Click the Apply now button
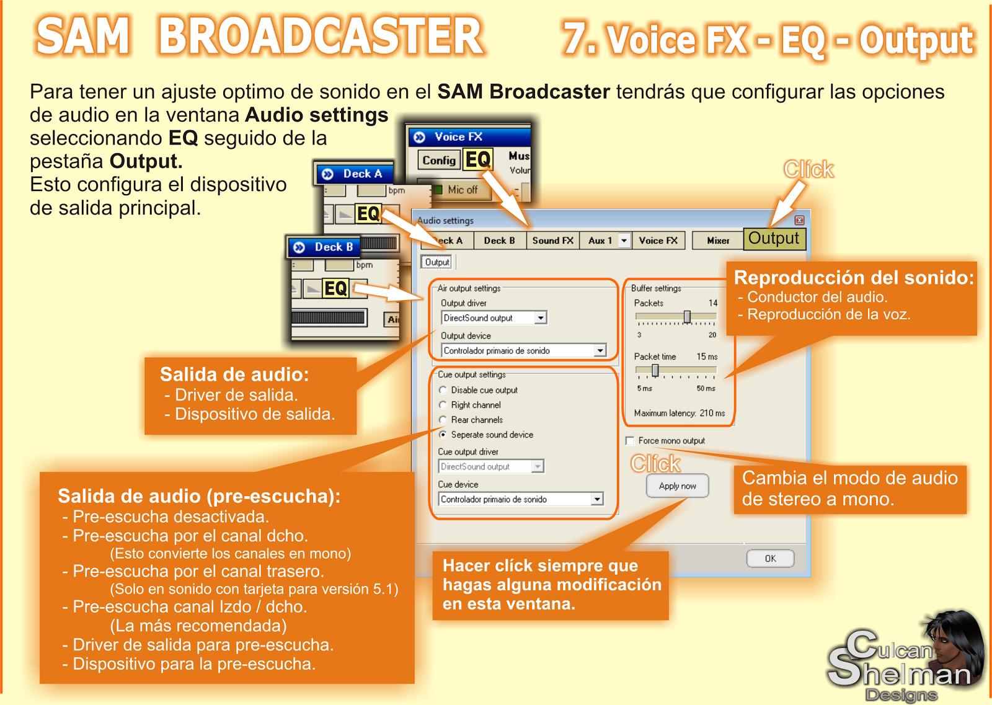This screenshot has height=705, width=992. click(x=677, y=486)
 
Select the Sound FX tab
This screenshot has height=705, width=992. click(x=552, y=241)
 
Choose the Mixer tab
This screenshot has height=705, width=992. click(x=718, y=241)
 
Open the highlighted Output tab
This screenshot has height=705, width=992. click(x=774, y=239)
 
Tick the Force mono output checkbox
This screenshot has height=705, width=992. click(x=630, y=441)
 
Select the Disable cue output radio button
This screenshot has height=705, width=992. click(x=443, y=390)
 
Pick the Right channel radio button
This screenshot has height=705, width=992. click(x=443, y=405)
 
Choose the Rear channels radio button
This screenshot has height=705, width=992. click(x=443, y=420)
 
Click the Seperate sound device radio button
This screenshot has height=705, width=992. click(x=443, y=435)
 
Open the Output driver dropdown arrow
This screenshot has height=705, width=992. click(x=541, y=318)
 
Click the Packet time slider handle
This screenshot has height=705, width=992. click(x=655, y=371)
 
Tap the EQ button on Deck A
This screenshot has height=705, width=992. click(x=368, y=214)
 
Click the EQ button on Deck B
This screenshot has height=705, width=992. click(x=335, y=288)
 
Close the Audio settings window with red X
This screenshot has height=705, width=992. click(x=799, y=220)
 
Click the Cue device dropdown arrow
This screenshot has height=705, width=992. click(x=596, y=499)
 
